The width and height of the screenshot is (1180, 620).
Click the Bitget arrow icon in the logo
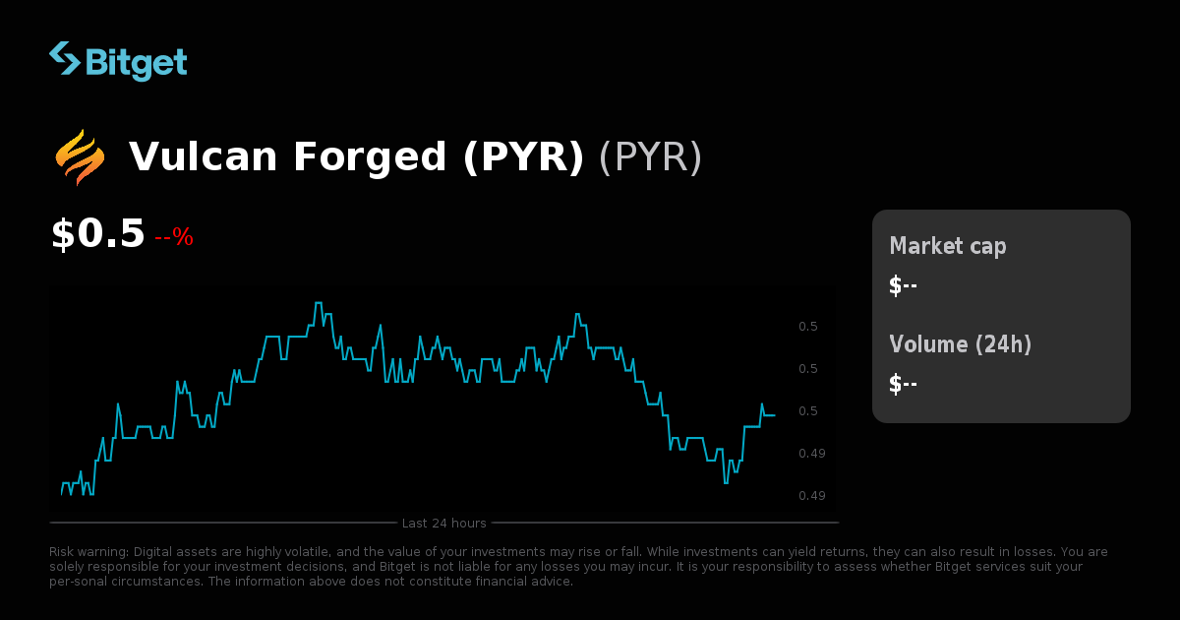pos(65,59)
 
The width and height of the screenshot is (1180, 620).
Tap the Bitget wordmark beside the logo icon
pos(136,62)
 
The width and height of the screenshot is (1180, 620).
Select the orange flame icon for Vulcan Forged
pos(80,157)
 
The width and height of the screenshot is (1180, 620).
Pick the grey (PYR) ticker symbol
pos(650,157)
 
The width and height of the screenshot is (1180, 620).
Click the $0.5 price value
pos(97,234)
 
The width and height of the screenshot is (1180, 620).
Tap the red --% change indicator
pos(174,237)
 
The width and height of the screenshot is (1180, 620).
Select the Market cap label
pos(948,246)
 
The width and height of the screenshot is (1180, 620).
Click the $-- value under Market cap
pos(903,285)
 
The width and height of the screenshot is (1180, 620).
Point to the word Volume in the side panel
pos(928,344)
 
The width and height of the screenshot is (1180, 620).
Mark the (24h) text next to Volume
pos(1003,344)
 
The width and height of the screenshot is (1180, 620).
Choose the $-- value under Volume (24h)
pos(903,384)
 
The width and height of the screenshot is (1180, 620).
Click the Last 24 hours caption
pos(443,523)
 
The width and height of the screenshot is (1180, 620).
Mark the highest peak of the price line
pos(319,303)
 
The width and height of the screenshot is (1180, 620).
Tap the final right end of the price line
pos(774,415)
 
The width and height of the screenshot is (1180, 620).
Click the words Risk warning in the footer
pos(88,552)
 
